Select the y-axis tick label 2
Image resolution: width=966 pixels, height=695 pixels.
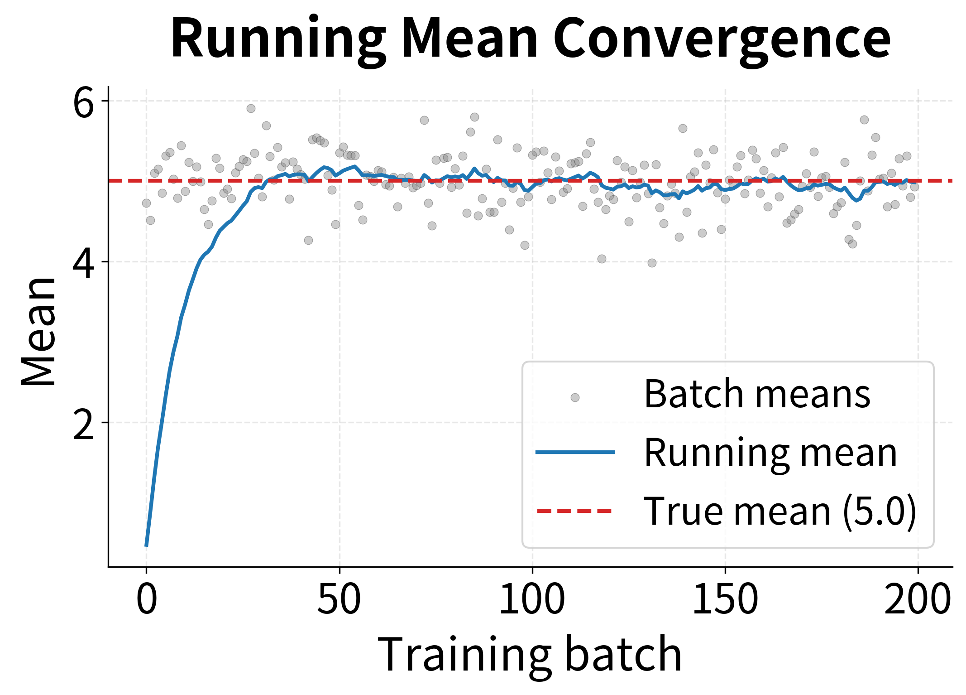(83, 424)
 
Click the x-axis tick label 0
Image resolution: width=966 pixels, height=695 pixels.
(147, 598)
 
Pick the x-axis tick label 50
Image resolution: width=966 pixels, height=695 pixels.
(339, 598)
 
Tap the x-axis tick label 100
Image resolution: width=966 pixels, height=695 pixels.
(532, 598)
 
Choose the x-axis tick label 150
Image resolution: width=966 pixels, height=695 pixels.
(725, 598)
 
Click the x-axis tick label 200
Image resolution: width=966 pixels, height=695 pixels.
(918, 598)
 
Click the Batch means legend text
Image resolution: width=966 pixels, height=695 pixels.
(757, 394)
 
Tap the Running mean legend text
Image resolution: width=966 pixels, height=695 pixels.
(770, 453)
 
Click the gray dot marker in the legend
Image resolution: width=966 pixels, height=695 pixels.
(575, 397)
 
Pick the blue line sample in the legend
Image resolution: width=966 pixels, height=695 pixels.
(575, 452)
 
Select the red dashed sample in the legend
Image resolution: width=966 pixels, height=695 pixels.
(575, 511)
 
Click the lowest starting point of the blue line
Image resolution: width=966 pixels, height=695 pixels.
(147, 545)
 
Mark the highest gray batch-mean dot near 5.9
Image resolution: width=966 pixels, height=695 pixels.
(251, 108)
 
